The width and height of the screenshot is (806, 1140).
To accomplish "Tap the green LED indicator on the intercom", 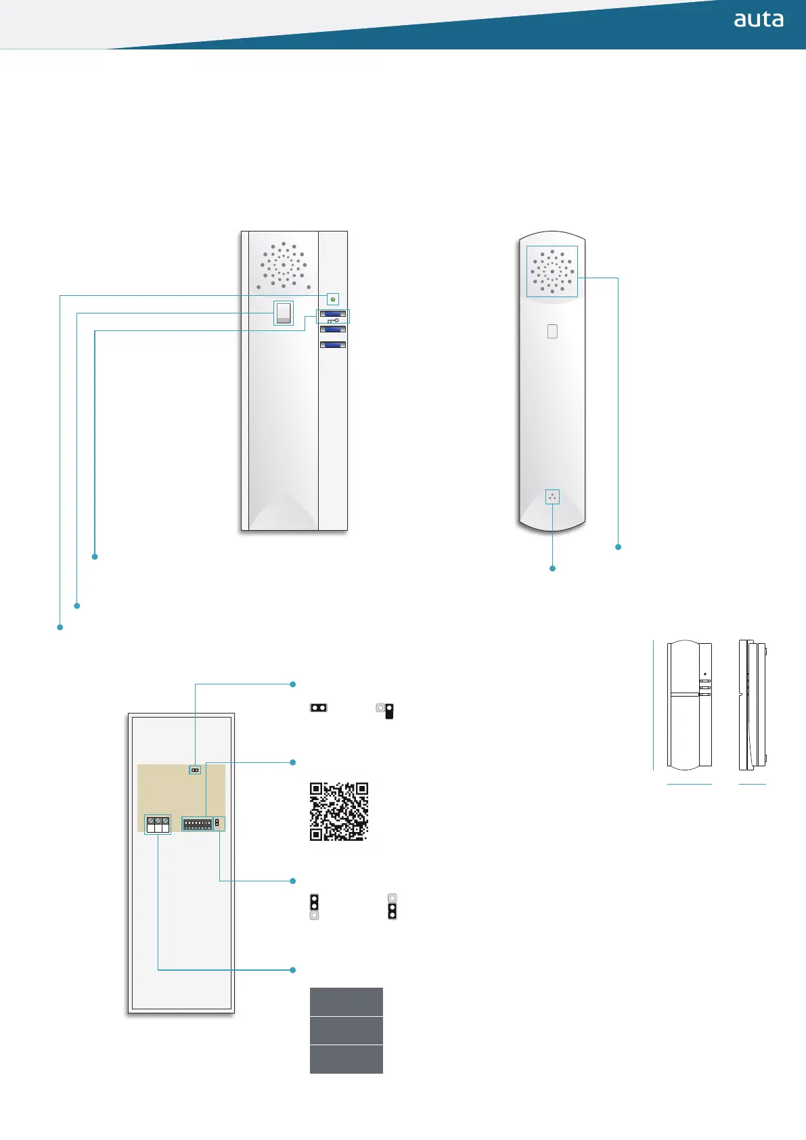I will (333, 299).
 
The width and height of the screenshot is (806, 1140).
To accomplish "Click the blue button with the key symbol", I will (332, 315).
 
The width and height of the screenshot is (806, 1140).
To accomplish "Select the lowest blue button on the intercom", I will (332, 345).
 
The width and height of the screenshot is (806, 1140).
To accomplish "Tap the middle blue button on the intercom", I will (332, 330).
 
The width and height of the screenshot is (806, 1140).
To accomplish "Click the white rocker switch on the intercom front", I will (284, 313).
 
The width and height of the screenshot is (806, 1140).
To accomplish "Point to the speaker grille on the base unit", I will (284, 266).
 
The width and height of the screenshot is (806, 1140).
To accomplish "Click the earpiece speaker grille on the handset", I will (552, 271).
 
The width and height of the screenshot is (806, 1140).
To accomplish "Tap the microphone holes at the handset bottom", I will (552, 497).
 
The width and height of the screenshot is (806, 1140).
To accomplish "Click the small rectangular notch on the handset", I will (552, 331).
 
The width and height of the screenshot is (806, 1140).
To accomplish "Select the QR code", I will (339, 812).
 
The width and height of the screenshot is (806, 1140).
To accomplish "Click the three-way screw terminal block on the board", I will (158, 825).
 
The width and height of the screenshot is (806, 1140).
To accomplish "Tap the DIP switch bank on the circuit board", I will (198, 825).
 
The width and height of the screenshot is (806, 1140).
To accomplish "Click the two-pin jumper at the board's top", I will (195, 770).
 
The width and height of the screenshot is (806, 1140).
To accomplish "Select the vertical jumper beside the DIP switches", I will (217, 824).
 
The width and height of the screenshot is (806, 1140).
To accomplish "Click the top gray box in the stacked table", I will (346, 1002).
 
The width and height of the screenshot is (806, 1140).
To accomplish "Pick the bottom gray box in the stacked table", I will (346, 1059).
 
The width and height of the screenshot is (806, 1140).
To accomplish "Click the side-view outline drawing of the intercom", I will (753, 705).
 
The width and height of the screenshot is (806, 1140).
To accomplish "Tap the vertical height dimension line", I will (653, 705).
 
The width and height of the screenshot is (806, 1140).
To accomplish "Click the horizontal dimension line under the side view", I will (753, 784).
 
